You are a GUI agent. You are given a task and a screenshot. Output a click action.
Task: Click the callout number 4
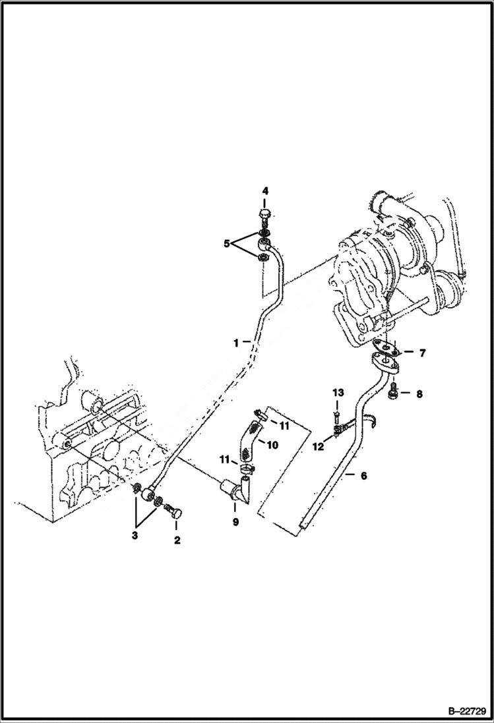(x=264, y=191)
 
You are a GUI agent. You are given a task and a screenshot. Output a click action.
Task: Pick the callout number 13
(x=338, y=393)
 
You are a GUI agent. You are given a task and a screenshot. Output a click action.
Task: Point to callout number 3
(x=135, y=536)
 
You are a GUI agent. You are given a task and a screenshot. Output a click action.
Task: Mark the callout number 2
(x=176, y=540)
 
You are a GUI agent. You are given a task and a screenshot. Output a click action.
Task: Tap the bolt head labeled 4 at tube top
(x=264, y=214)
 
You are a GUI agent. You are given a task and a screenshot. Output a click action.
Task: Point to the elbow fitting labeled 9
(x=236, y=490)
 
